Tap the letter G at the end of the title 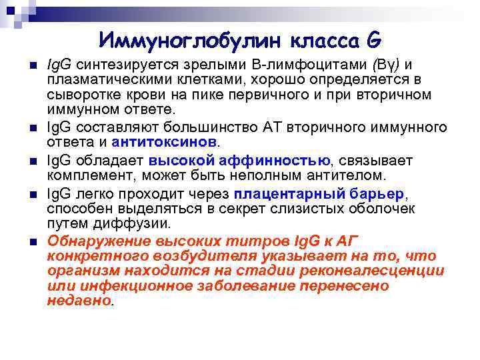coord(373,41)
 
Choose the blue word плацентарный coord(289,193)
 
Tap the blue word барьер coord(376,193)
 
